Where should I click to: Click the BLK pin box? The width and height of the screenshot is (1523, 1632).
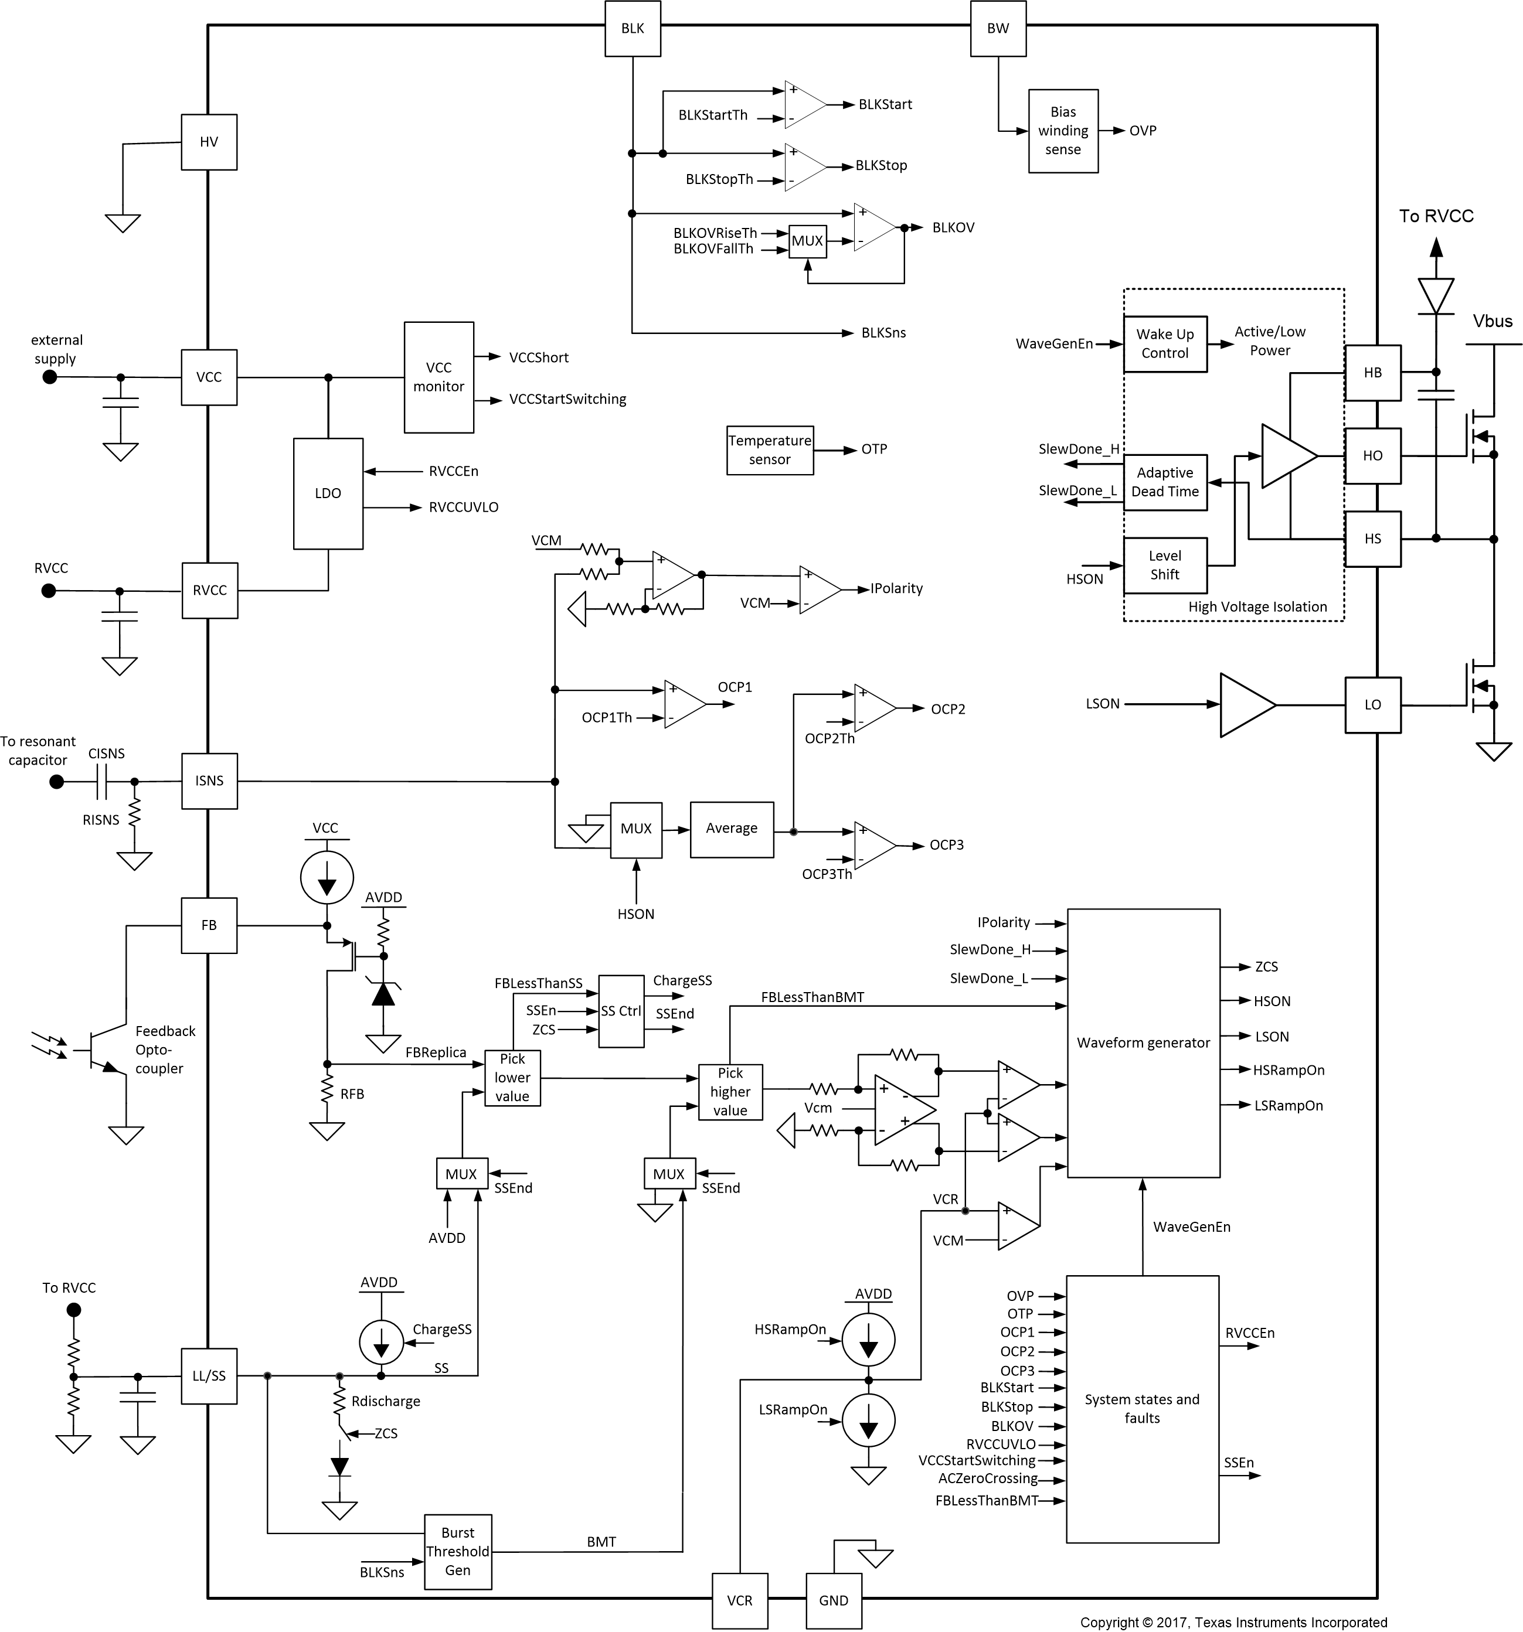(632, 29)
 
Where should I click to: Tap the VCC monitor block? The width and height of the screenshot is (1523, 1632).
(438, 377)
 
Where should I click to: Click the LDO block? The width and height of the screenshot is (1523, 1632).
(328, 493)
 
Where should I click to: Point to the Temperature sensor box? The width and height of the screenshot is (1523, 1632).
(769, 450)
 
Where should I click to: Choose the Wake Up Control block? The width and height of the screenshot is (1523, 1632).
(1164, 344)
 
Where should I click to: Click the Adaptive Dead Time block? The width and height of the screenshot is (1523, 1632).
(1164, 483)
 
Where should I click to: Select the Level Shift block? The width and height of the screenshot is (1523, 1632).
(1164, 565)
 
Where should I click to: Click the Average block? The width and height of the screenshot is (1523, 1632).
(732, 829)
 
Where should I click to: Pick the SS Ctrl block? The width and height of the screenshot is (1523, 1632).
(621, 1011)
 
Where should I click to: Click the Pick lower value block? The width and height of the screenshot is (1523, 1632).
(512, 1078)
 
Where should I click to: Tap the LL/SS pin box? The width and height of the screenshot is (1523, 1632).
(209, 1376)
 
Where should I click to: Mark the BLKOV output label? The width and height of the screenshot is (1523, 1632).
(953, 227)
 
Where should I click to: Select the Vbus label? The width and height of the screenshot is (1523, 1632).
(1492, 321)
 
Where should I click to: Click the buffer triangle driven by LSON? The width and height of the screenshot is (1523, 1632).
(1244, 705)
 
